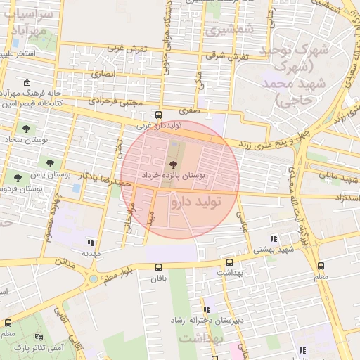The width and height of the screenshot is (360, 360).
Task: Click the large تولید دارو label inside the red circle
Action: tap(195, 203)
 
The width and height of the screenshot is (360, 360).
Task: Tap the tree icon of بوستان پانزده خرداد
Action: tap(174, 164)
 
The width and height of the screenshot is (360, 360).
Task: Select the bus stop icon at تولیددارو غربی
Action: tap(158, 114)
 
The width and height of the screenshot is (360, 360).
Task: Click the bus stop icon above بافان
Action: tap(158, 267)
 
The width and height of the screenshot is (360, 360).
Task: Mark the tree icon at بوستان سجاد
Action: tap(26, 129)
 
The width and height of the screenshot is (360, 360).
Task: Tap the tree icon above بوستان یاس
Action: tap(18, 176)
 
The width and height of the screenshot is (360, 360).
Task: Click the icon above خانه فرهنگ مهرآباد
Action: tap(27, 82)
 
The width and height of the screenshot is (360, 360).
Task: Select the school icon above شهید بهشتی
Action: tap(275, 239)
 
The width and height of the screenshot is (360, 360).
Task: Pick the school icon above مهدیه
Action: tap(91, 241)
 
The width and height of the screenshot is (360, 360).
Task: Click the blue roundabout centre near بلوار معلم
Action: tap(92, 280)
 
